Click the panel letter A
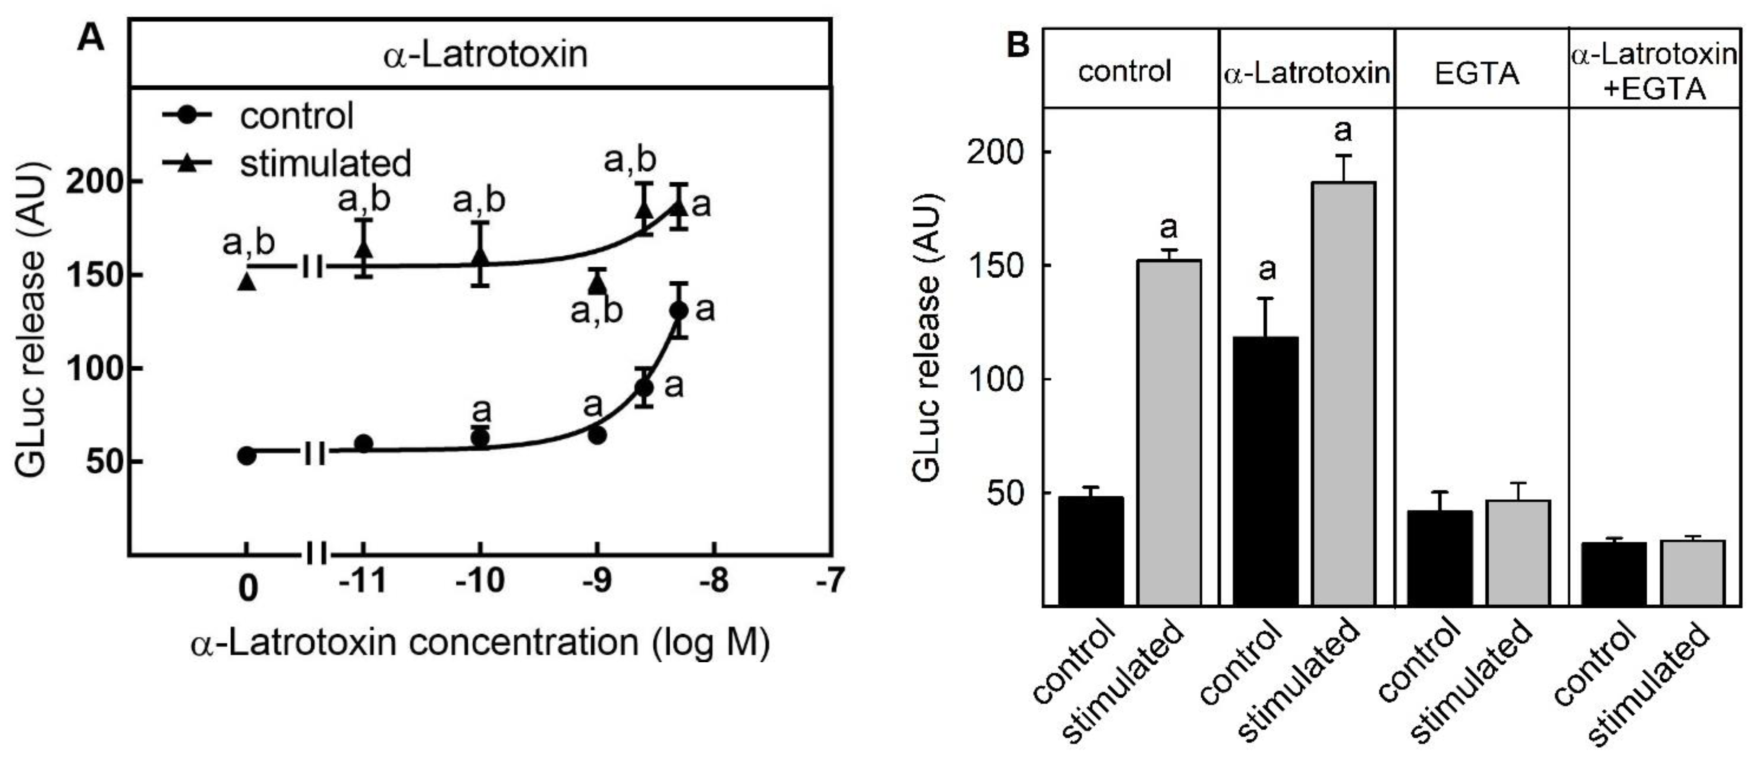pyautogui.click(x=91, y=38)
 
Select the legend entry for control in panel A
pyautogui.click(x=296, y=115)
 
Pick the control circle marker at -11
pyautogui.click(x=364, y=443)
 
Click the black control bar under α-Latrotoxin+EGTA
pyautogui.click(x=1614, y=574)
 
